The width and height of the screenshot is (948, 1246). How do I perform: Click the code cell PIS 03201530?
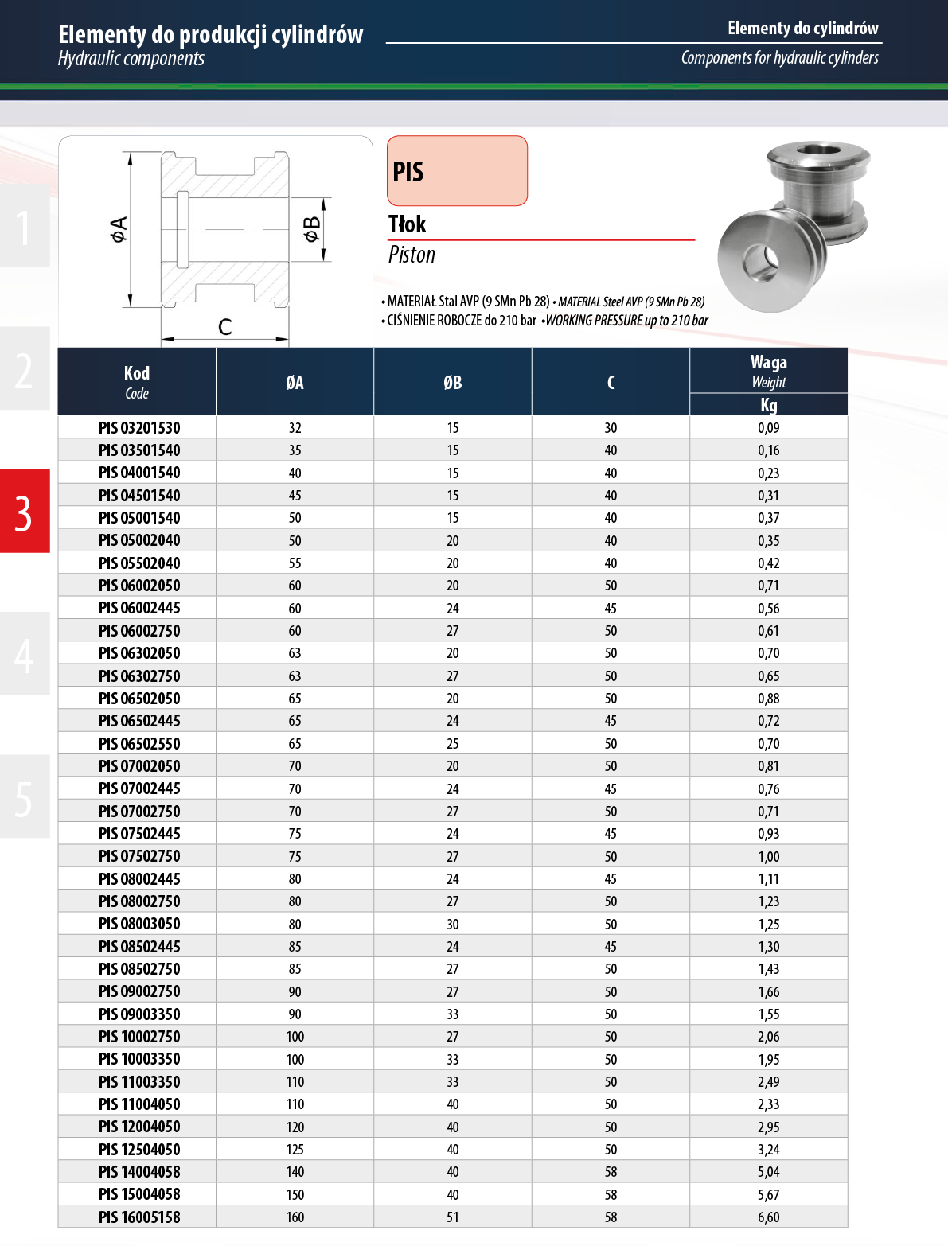[x=139, y=427]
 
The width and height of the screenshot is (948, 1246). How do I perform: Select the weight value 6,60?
[x=769, y=1217]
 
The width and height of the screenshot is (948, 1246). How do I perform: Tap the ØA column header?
[x=295, y=383]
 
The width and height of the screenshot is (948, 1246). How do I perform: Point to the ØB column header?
[x=452, y=383]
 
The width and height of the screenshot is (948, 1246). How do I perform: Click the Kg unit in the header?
[x=769, y=405]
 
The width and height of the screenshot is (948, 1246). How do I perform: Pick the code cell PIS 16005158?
[x=139, y=1217]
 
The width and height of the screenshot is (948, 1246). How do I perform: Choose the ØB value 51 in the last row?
[x=452, y=1217]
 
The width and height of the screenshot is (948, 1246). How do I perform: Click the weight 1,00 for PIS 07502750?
[x=769, y=856]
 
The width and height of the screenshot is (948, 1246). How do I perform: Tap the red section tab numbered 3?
[x=25, y=511]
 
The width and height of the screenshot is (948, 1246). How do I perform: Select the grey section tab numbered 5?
[x=25, y=796]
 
